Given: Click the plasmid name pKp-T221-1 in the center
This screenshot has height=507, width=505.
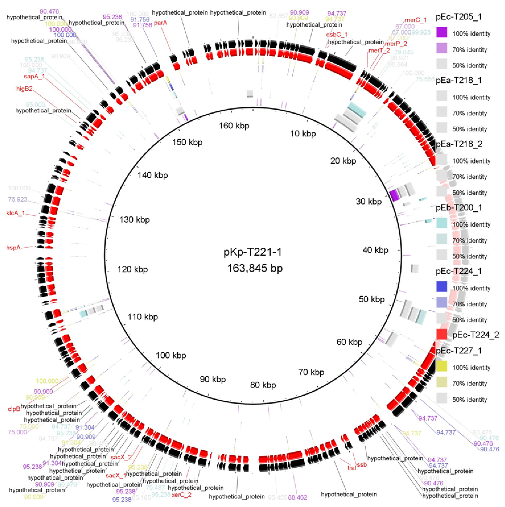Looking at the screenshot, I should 252,252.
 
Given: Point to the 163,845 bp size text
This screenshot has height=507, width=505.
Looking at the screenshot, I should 255,268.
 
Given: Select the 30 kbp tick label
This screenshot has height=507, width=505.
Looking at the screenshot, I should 369,202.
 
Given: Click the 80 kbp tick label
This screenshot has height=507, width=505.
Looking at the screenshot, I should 263,385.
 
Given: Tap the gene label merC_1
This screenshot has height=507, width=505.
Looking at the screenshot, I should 415,20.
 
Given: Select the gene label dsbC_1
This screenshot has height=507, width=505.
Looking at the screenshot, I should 337,35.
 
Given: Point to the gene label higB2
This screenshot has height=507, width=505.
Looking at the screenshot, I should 24,89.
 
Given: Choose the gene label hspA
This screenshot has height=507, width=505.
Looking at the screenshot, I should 13,247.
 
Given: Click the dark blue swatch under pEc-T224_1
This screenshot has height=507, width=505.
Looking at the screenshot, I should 442,287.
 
